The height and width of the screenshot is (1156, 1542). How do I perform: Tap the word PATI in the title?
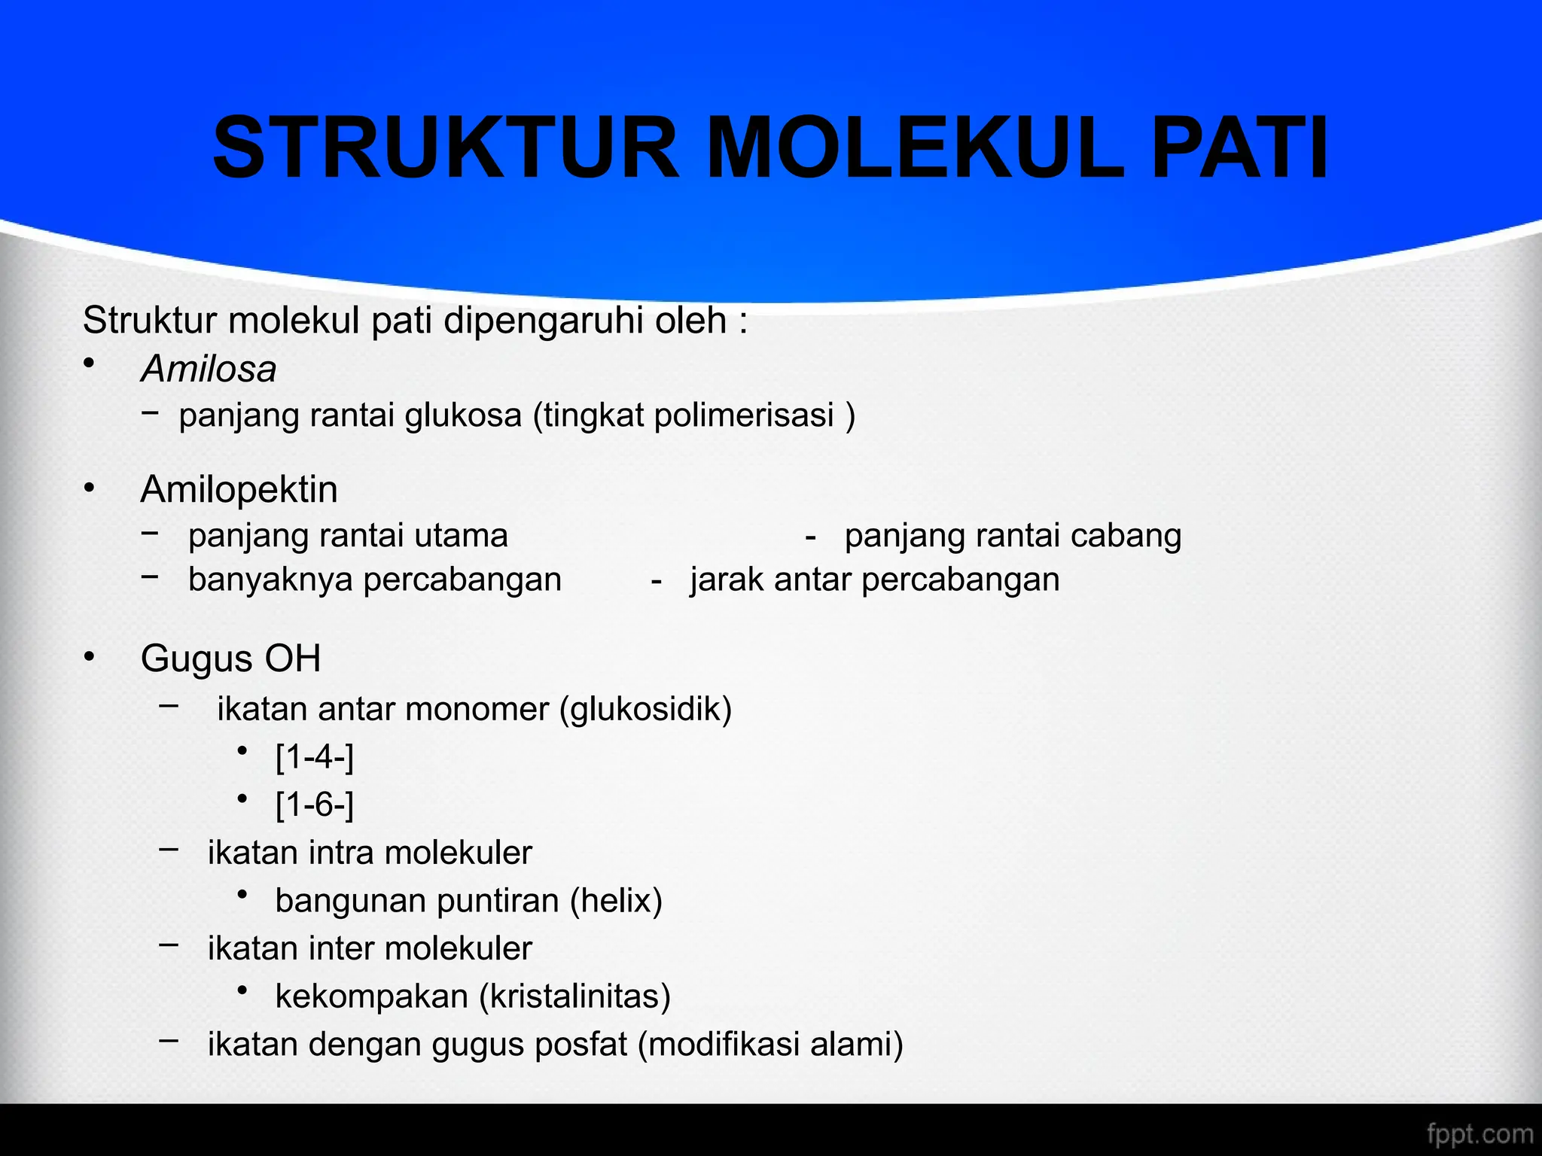pyautogui.click(x=1239, y=148)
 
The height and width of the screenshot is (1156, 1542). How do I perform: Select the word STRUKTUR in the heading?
pyautogui.click(x=446, y=148)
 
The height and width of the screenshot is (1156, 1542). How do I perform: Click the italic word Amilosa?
pyautogui.click(x=209, y=370)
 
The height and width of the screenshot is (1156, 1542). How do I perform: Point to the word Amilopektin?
pyautogui.click(x=239, y=489)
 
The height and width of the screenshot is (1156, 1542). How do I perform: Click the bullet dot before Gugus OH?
pyautogui.click(x=90, y=657)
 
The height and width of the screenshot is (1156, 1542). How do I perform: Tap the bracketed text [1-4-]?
pyautogui.click(x=315, y=757)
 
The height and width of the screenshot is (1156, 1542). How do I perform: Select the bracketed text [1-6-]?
pyautogui.click(x=315, y=805)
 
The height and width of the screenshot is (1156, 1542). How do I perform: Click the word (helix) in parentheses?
pyautogui.click(x=616, y=901)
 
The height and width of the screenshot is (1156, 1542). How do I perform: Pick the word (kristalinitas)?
pyautogui.click(x=574, y=996)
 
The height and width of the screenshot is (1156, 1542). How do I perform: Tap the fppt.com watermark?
pyautogui.click(x=1480, y=1133)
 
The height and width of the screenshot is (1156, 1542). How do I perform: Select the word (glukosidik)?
pyautogui.click(x=645, y=710)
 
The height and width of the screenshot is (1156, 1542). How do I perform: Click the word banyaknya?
pyautogui.click(x=271, y=580)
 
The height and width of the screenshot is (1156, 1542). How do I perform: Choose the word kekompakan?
pyautogui.click(x=372, y=996)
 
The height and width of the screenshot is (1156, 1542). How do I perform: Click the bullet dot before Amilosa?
pyautogui.click(x=90, y=364)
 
